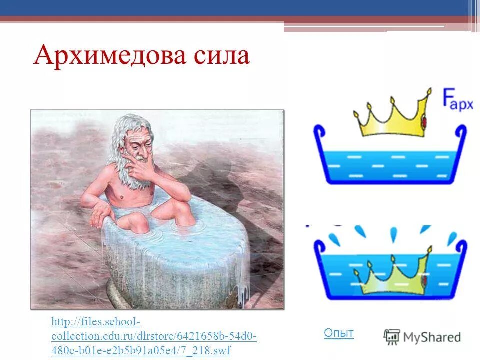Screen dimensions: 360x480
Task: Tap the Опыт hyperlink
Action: pyautogui.click(x=338, y=333)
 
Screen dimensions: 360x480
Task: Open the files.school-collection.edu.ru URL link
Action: pyautogui.click(x=153, y=335)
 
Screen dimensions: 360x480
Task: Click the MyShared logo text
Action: pyautogui.click(x=432, y=337)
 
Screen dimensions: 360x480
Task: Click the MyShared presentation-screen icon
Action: pyautogui.click(x=392, y=337)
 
